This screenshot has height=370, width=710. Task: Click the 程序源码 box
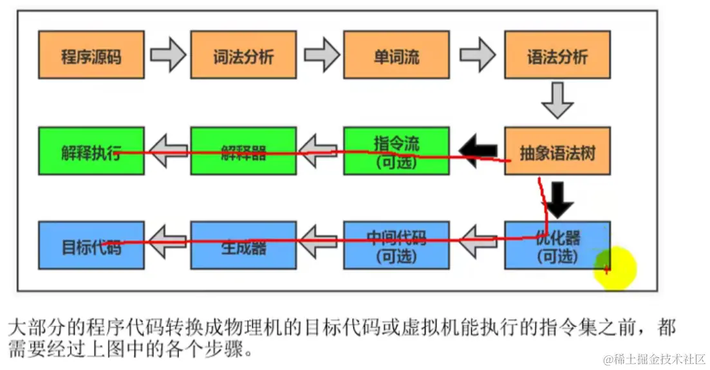pos(91,56)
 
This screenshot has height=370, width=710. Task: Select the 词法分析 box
pos(243,56)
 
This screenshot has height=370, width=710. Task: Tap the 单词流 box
pos(396,56)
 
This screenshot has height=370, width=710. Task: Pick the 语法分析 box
pos(557,56)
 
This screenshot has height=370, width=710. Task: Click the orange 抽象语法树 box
pos(557,151)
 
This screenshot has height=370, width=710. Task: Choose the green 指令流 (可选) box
pos(396,151)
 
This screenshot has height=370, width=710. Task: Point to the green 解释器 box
pos(243,151)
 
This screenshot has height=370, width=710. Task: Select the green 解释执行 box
pos(91,151)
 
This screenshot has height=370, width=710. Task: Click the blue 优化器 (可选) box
pos(557,245)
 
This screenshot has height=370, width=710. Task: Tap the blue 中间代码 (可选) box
pos(396,245)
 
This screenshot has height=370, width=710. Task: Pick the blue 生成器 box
pos(243,245)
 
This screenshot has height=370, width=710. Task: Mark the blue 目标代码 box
pos(91,245)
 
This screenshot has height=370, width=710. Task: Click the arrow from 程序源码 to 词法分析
pos(168,56)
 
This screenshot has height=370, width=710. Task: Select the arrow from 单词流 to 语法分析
pos(478,56)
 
